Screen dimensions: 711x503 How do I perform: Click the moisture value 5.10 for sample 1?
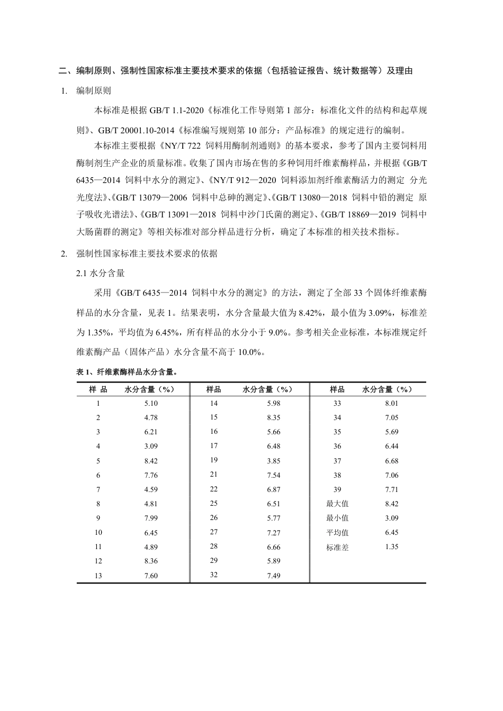click(151, 403)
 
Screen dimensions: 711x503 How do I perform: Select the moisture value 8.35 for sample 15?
click(274, 417)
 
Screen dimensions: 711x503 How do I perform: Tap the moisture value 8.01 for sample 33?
click(391, 403)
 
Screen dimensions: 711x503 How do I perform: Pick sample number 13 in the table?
click(98, 576)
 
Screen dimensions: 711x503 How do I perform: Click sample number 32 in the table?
click(214, 575)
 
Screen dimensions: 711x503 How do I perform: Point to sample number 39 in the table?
click(337, 489)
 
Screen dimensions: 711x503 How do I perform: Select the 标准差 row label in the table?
click(337, 548)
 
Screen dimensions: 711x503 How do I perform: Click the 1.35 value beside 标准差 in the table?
click(391, 546)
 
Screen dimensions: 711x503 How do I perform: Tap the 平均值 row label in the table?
click(337, 533)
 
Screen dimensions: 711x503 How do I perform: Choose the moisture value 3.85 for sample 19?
click(274, 461)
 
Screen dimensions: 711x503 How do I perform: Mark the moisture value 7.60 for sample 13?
click(151, 576)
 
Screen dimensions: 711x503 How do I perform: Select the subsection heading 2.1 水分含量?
click(101, 273)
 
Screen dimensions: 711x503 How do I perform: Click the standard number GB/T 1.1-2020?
click(173, 111)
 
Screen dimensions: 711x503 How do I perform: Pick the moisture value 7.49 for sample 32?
click(274, 576)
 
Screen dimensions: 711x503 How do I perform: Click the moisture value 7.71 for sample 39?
click(391, 489)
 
